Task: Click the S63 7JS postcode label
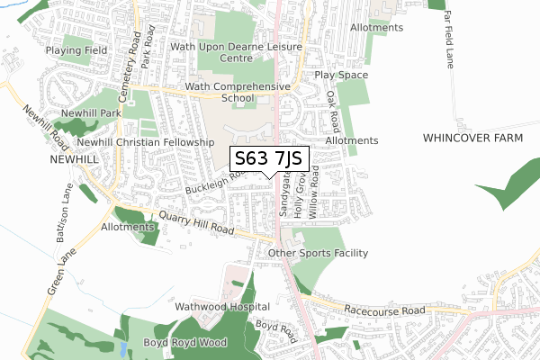pyautogui.click(x=270, y=159)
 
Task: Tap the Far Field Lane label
pyautogui.click(x=447, y=46)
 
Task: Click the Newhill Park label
pyautogui.click(x=90, y=113)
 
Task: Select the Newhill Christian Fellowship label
pyautogui.click(x=146, y=142)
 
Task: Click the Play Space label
pyautogui.click(x=341, y=75)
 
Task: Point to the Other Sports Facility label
pyautogui.click(x=319, y=253)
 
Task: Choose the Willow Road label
pyautogui.click(x=313, y=192)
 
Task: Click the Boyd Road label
pyautogui.click(x=276, y=330)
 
